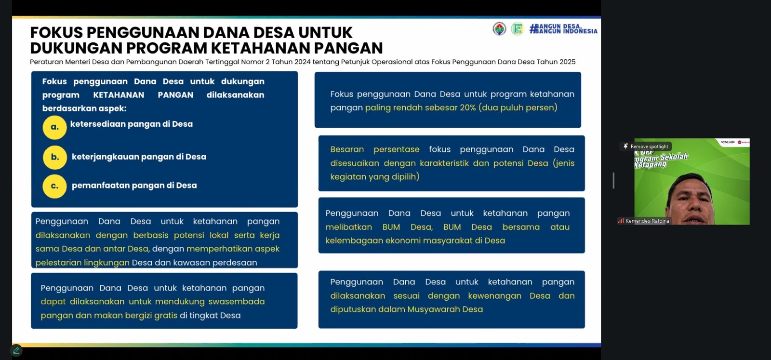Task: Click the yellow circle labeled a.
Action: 54,127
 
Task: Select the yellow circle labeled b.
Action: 54,157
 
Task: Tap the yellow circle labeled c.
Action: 54,186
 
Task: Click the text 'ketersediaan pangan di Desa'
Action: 132,124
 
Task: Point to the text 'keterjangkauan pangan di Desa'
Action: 139,157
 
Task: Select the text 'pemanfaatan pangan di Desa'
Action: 134,186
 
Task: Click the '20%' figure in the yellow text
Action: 467,107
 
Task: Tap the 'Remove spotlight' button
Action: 646,147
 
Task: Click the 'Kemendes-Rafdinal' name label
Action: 647,221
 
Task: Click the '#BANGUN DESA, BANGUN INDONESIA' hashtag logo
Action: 563,29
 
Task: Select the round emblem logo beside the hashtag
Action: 499,29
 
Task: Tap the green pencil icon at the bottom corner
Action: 16,350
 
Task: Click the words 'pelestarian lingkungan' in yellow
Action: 82,263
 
